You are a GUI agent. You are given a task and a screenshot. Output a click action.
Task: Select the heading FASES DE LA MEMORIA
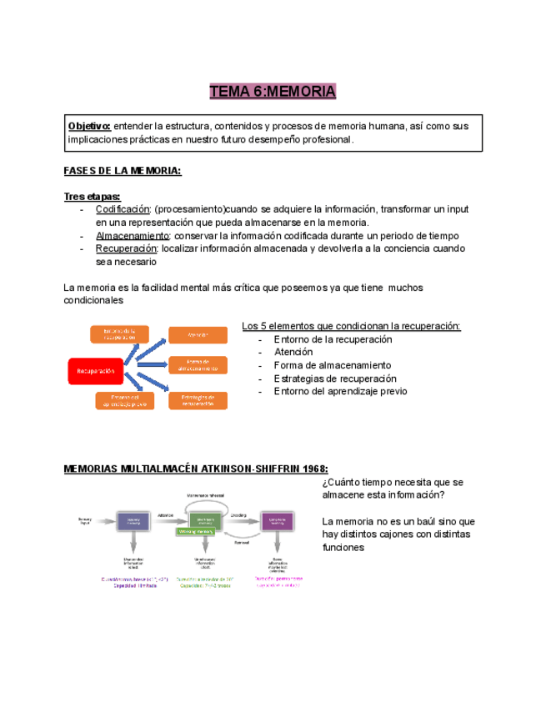122,171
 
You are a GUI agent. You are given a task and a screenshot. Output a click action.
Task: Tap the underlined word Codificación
123,209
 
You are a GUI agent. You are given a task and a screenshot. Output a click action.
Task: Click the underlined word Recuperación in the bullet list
126,248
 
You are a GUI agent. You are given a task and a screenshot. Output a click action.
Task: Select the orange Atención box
198,335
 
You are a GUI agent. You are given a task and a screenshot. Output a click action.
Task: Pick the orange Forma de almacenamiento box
198,365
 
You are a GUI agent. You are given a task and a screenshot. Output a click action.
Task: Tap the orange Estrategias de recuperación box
198,400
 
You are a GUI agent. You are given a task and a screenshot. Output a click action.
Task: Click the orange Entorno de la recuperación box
119,335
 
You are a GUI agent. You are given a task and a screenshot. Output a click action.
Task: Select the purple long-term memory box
277,521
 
